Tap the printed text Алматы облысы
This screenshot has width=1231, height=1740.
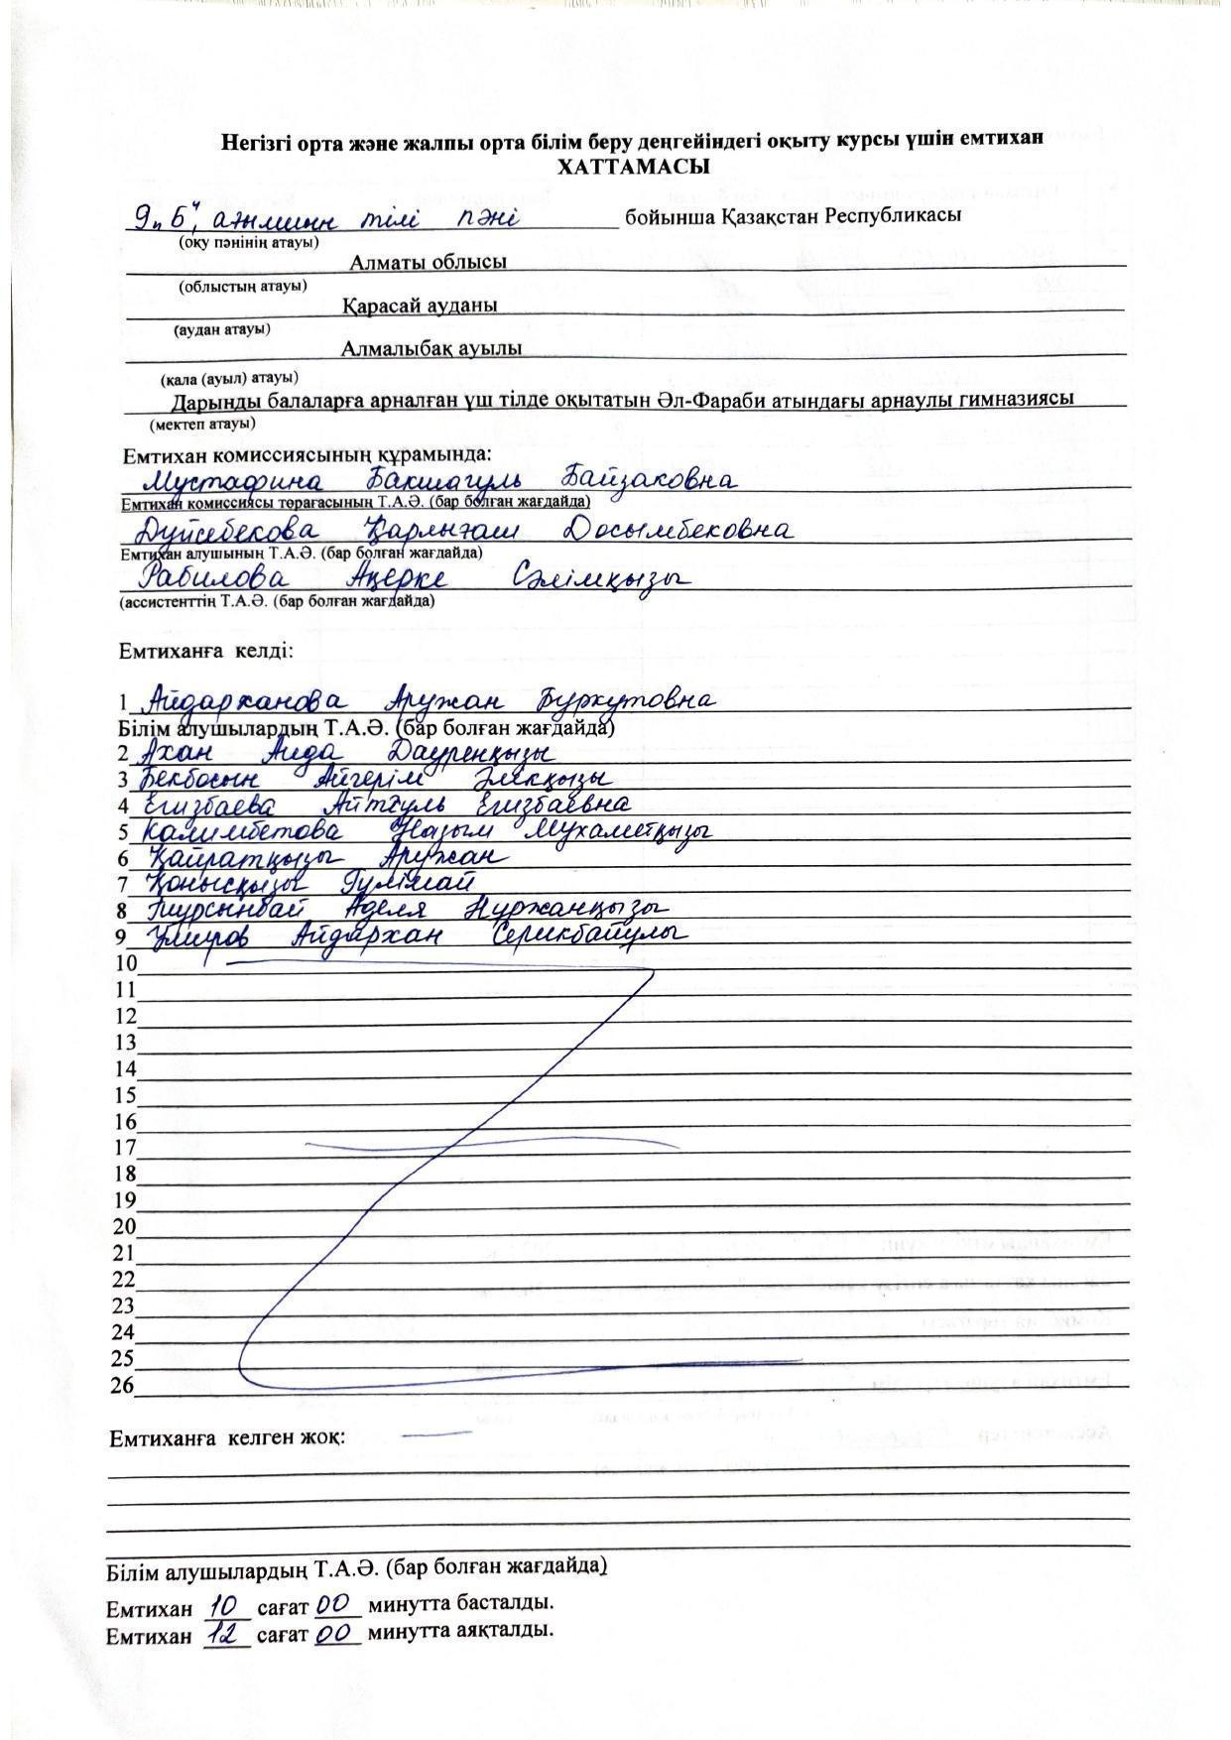point(428,263)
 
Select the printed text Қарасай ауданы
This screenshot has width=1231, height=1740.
point(420,307)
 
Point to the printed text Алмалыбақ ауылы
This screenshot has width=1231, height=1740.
point(431,349)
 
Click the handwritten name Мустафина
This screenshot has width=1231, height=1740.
point(233,483)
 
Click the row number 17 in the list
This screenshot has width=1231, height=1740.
point(124,1148)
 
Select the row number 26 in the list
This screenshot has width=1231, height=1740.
point(122,1386)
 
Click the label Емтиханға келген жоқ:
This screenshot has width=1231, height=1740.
point(227,1437)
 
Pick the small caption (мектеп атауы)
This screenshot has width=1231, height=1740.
point(202,424)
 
